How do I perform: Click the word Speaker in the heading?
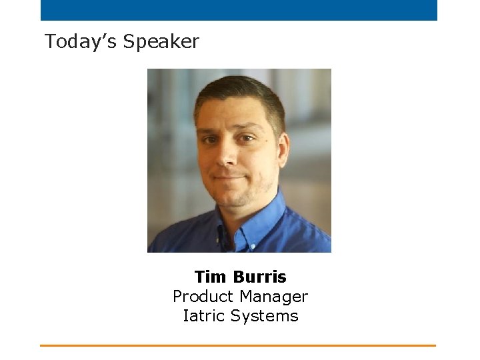[x=161, y=42]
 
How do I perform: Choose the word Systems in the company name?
[x=267, y=315]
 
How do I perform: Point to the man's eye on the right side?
[x=248, y=138]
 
